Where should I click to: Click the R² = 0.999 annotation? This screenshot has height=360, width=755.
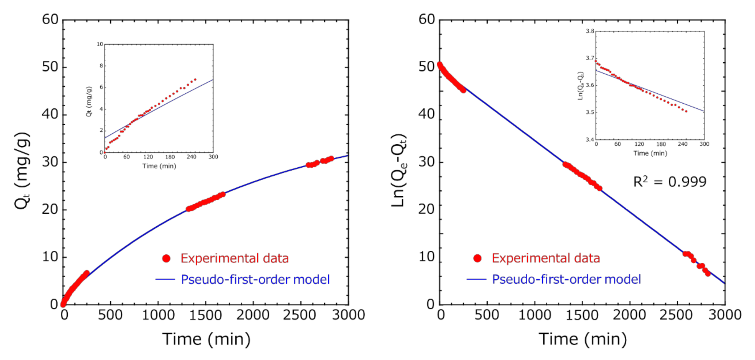pos(670,182)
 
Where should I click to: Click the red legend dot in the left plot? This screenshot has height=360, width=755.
pos(166,258)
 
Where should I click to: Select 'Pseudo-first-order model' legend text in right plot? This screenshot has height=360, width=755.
pos(566,279)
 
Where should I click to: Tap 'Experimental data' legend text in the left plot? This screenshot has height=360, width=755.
pos(235,258)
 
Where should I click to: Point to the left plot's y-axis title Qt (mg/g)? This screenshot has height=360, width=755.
pos(22,171)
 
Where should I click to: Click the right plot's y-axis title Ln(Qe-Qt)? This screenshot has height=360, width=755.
pos(399,171)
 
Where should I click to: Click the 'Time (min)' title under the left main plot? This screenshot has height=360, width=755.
pos(206,339)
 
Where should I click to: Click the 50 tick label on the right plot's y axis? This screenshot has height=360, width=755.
pos(426,67)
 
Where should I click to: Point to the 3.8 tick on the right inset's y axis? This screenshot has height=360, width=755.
pos(590,31)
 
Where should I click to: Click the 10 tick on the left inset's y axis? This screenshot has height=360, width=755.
pos(100,44)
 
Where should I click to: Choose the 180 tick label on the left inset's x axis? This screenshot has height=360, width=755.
pos(170,157)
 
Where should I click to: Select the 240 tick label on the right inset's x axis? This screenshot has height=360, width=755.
pos(682,144)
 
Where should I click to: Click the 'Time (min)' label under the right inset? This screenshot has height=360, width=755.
pos(650,153)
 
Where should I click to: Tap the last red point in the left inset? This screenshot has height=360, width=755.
pos(195,80)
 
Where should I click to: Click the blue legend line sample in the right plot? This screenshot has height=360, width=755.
pos(476,279)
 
